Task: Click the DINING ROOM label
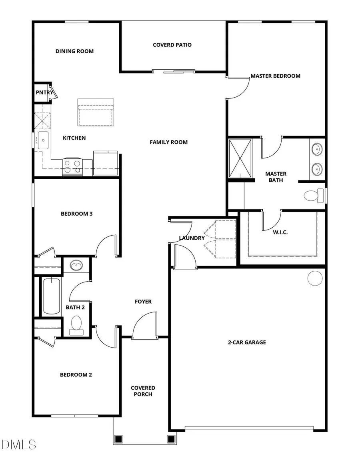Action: (74, 51)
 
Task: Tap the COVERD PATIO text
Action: (172, 45)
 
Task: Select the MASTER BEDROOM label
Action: (275, 76)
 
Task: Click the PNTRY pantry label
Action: (44, 93)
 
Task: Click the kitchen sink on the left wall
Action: (43, 140)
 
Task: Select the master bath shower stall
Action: (240, 158)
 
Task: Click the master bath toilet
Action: (313, 196)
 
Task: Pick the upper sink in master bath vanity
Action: (317, 150)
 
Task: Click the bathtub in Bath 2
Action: (51, 296)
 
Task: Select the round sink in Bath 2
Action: (76, 265)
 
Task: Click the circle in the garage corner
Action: (315, 278)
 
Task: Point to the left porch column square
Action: (118, 439)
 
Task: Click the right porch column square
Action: (171, 439)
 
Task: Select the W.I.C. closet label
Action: (280, 232)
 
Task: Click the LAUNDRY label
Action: (192, 238)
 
